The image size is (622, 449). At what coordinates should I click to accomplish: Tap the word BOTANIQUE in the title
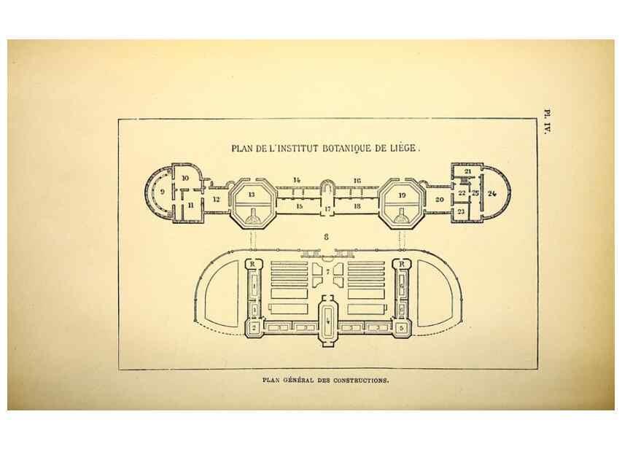(346, 149)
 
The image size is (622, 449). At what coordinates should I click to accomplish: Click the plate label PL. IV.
(548, 122)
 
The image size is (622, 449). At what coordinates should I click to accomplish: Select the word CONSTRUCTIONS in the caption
(360, 380)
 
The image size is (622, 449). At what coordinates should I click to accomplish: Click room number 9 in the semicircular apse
(162, 192)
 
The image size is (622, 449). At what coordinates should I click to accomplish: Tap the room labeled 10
(185, 178)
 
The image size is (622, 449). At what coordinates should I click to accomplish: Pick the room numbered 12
(216, 200)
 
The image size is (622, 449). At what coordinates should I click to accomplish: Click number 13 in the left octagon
(252, 195)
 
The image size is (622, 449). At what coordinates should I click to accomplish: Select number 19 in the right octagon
(402, 195)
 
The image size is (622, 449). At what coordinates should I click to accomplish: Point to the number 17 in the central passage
(327, 208)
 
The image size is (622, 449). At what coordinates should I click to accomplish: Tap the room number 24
(492, 194)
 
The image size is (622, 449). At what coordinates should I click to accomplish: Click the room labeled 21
(467, 171)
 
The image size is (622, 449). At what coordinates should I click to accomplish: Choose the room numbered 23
(461, 211)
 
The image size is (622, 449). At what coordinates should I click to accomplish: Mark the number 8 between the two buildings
(326, 237)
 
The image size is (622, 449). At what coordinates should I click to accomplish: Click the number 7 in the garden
(327, 272)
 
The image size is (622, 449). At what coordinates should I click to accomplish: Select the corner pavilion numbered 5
(402, 328)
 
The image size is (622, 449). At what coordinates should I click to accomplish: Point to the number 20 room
(439, 200)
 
